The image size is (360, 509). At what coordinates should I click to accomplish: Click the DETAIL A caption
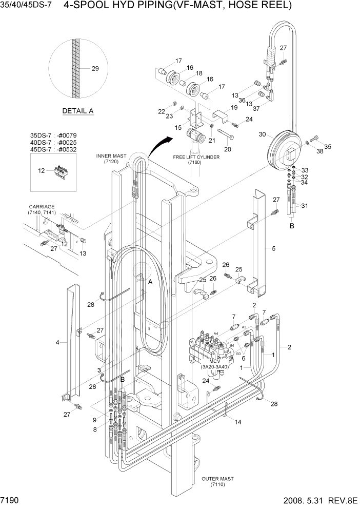(77, 111)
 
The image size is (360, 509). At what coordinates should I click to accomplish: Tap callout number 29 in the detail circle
(95, 69)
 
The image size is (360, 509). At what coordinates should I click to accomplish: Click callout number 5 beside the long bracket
(273, 248)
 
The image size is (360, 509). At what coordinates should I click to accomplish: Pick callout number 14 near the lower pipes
(237, 422)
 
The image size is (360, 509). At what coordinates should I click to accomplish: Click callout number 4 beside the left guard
(57, 341)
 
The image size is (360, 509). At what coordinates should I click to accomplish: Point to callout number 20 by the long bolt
(228, 149)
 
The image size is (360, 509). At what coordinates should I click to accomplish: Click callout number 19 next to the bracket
(234, 108)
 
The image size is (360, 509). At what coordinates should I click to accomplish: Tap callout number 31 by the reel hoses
(305, 207)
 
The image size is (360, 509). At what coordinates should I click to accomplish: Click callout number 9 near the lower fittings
(94, 420)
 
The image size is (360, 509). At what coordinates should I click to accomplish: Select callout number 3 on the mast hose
(99, 370)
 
